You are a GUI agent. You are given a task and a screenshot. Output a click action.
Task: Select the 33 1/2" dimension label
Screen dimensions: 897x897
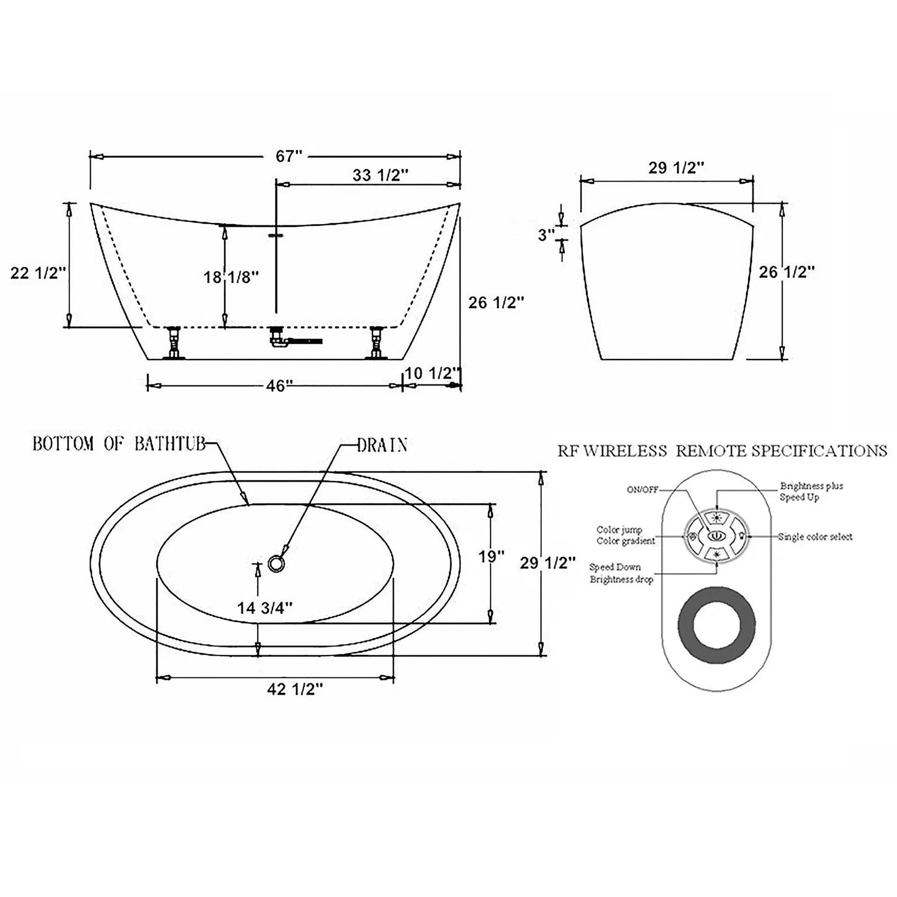(381, 176)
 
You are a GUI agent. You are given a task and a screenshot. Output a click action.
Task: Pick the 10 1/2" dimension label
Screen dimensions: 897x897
(433, 373)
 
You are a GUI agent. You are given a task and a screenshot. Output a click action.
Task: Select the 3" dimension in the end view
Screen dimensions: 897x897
(545, 235)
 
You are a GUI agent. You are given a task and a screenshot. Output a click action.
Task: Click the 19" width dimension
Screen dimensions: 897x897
(491, 556)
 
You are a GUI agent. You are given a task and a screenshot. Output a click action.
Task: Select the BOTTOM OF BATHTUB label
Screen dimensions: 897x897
(118, 444)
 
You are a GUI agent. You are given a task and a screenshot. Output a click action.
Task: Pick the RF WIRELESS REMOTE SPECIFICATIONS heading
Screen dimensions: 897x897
(722, 450)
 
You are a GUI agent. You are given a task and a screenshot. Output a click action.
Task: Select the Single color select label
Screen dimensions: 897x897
(815, 537)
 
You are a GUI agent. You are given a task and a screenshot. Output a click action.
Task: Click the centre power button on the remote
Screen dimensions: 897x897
(716, 535)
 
